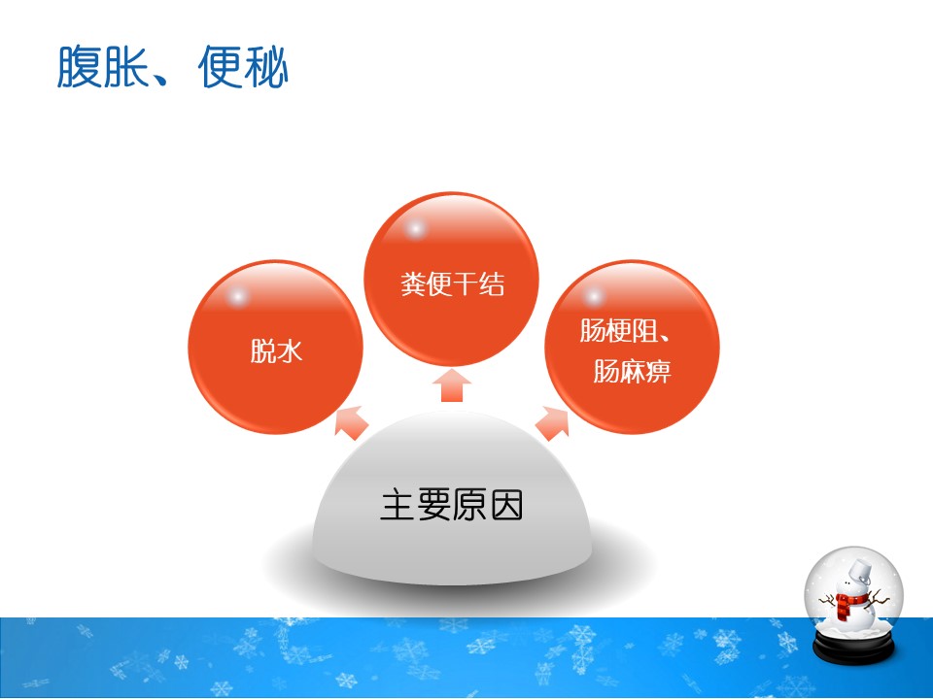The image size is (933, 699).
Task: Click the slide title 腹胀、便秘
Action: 173,67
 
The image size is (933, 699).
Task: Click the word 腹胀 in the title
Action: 102,67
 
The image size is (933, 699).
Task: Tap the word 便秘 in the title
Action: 243,67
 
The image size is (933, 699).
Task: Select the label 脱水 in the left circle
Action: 276,350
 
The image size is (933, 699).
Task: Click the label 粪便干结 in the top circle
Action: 452,283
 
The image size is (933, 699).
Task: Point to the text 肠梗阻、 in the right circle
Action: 625,330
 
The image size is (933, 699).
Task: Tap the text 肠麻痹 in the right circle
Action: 632,371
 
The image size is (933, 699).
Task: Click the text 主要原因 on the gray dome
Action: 452,505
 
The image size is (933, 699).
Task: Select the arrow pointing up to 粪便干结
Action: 452,385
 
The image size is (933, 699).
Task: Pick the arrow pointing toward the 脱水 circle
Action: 351,421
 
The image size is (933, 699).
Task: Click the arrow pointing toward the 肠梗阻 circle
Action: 552,422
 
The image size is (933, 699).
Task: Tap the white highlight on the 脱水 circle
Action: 238,297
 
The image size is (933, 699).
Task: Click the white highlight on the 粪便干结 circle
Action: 415,229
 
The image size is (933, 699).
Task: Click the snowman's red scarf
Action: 847,603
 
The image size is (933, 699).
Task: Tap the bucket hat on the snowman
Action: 860,571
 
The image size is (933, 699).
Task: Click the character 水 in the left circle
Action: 290,350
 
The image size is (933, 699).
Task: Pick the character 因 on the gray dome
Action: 505,505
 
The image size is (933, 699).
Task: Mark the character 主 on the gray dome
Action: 397,505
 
